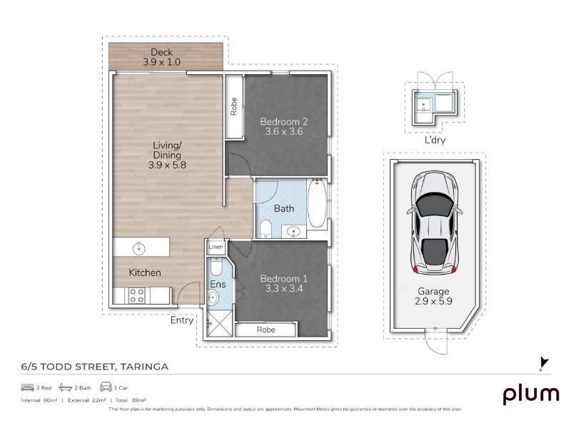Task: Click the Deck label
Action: click(162, 52)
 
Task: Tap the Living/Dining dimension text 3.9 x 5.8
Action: click(167, 165)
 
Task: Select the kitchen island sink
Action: click(138, 248)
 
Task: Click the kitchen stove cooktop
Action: click(137, 295)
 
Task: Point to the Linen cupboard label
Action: click(216, 247)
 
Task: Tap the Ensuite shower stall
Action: click(219, 323)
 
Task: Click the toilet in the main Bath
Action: click(266, 229)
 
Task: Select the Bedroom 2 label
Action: click(284, 121)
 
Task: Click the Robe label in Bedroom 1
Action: click(266, 330)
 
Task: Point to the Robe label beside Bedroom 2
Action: click(234, 106)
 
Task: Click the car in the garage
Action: click(435, 223)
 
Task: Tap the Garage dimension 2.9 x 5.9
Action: click(433, 301)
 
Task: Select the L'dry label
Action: click(435, 140)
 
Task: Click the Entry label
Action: click(182, 320)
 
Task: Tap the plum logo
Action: click(530, 395)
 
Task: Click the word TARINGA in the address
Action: click(144, 367)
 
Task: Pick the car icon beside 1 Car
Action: click(106, 387)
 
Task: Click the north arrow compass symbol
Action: click(544, 364)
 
